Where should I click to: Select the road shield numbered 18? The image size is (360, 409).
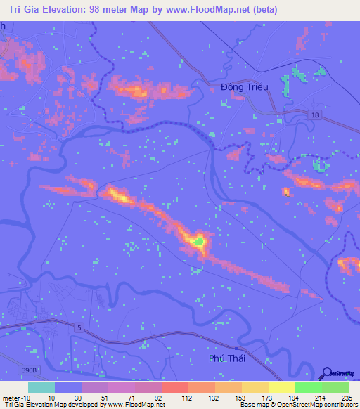[317, 114]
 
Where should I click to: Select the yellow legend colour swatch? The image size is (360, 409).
[282, 387]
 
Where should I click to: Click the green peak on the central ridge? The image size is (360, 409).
[199, 243]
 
